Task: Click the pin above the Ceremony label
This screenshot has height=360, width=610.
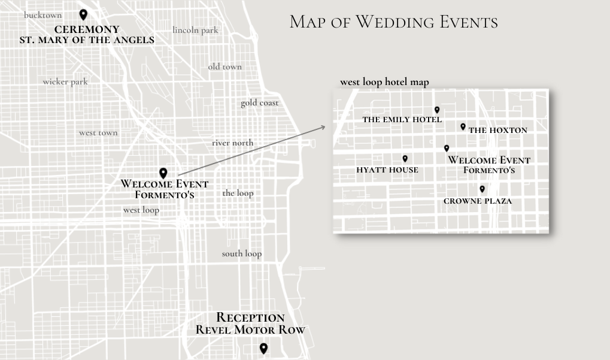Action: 83,15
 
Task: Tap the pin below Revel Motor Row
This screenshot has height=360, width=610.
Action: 263,348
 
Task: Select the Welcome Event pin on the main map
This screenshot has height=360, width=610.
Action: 163,173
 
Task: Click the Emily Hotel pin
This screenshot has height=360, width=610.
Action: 437,110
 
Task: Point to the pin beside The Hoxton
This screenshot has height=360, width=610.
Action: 463,126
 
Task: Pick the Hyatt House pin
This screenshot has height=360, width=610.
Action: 405,159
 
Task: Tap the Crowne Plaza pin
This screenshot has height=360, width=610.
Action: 482,189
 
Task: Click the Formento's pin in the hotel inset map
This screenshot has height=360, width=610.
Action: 447,148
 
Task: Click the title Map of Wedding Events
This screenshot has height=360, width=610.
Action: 393,23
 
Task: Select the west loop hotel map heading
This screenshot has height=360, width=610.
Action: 384,82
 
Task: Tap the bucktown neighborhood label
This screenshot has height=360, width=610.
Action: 43,15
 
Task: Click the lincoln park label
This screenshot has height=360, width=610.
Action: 195,30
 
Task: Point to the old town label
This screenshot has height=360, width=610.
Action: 224,66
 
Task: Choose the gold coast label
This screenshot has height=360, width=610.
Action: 260,103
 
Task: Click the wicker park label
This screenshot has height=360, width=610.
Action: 65,81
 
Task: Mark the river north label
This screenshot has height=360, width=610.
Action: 232,143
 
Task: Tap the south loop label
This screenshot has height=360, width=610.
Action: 241,253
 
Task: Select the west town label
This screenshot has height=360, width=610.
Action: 98,132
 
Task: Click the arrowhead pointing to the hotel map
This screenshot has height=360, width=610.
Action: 324,126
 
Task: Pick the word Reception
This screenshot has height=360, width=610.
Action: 250,317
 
